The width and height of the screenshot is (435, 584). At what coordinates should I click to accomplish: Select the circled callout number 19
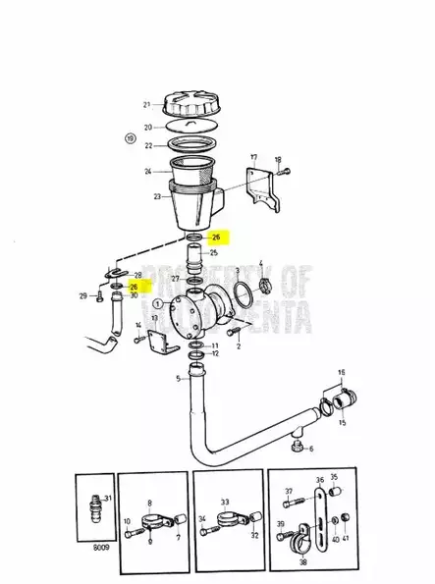(x=130, y=139)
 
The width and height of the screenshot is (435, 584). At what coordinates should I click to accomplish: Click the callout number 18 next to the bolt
(x=278, y=159)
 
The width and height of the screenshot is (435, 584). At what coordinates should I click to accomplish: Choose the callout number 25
(x=213, y=253)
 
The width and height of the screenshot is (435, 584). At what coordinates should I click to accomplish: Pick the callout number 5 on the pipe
(x=179, y=379)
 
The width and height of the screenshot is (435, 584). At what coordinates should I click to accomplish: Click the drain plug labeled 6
(x=299, y=449)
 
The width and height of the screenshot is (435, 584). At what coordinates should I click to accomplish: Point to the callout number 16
(x=342, y=373)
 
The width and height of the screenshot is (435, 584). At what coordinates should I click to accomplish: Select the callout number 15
(x=343, y=422)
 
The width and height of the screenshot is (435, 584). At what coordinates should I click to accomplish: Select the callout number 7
(x=178, y=538)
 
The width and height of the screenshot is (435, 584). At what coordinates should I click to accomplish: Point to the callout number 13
(x=155, y=320)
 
